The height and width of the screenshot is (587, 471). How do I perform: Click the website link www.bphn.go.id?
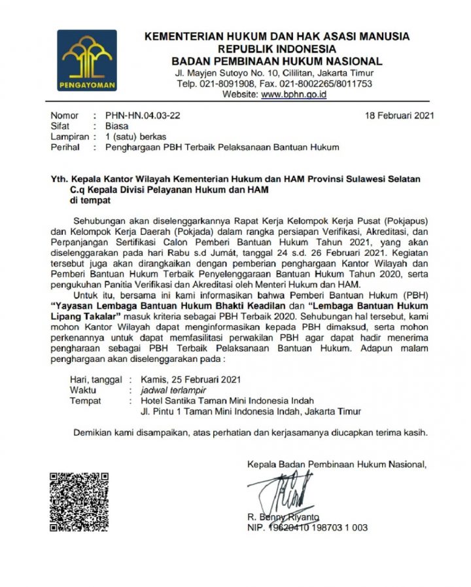(x=294, y=94)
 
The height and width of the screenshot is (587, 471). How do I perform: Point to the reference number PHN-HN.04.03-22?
(x=142, y=116)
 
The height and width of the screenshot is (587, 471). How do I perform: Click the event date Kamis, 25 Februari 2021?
(x=186, y=380)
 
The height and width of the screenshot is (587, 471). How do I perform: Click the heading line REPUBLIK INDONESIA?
(x=277, y=48)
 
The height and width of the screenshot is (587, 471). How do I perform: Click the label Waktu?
(x=84, y=390)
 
